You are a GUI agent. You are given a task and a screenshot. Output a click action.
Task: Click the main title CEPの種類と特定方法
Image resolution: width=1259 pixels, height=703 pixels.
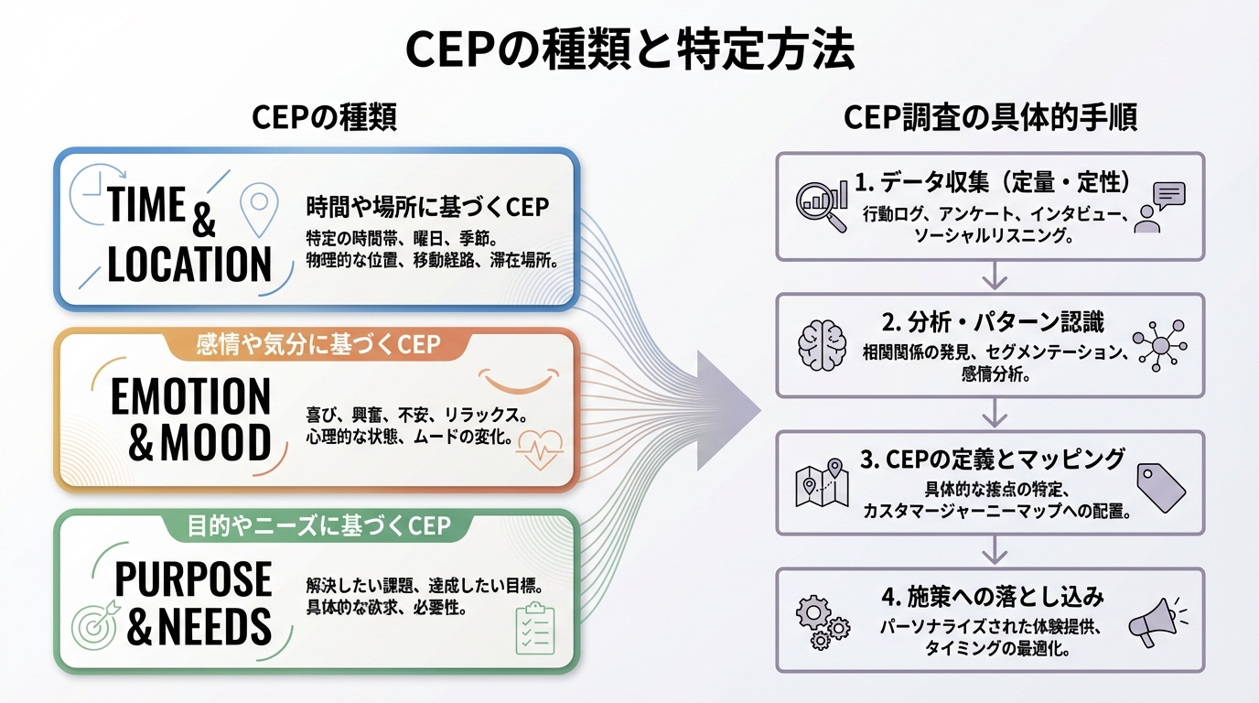click(629, 50)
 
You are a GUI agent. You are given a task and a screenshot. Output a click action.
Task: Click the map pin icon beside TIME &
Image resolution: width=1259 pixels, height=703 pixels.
click(258, 209)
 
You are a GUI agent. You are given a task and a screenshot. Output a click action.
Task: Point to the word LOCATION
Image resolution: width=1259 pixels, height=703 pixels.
click(189, 264)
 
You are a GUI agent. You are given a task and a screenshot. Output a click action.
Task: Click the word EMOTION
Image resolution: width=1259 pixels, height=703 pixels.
click(190, 397)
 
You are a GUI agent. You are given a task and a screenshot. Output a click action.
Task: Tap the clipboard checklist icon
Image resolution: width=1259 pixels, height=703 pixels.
click(535, 629)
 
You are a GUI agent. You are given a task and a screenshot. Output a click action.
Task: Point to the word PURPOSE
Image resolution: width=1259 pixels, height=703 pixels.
click(193, 579)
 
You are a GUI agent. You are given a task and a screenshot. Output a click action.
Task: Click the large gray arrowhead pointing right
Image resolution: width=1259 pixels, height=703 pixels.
click(727, 409)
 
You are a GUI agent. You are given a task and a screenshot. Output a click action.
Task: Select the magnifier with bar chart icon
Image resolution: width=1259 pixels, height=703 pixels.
click(821, 202)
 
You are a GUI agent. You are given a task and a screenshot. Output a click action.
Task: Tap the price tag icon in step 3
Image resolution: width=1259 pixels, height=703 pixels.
click(1160, 486)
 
